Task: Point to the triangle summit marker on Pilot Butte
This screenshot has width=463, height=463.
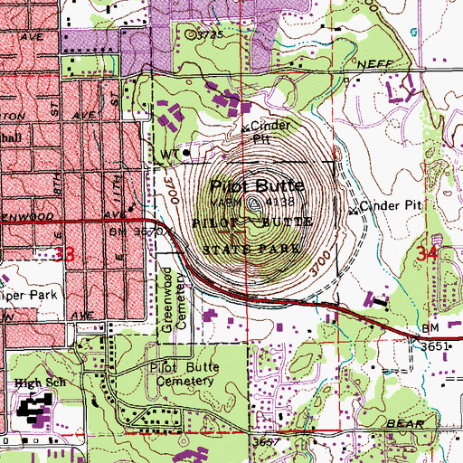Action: (250, 205)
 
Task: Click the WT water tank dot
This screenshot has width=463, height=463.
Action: (187, 153)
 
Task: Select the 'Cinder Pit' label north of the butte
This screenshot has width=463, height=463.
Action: (261, 132)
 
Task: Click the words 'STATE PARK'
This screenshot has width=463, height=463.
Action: (243, 247)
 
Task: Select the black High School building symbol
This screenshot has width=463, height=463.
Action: (36, 412)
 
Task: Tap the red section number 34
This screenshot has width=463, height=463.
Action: (431, 257)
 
